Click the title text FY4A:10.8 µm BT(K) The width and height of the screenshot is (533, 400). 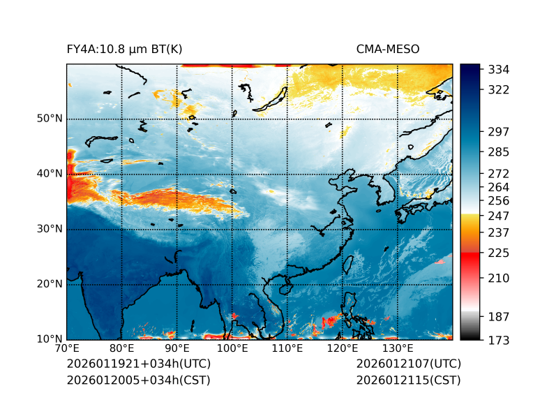(124, 49)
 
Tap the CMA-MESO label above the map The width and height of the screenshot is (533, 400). (387, 49)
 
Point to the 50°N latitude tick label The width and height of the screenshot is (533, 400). (50, 119)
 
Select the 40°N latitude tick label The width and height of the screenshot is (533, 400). (50, 174)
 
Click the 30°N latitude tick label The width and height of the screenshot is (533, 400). (50, 229)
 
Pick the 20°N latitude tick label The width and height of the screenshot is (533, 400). (50, 284)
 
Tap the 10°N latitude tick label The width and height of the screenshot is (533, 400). (50, 339)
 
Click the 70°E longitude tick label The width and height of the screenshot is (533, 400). (67, 349)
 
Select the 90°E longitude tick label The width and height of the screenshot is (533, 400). (177, 349)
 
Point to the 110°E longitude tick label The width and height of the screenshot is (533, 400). (287, 349)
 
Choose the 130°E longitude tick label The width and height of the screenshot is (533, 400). (397, 349)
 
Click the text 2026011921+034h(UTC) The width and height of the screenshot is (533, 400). (138, 364)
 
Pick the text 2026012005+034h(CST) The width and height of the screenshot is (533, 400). (138, 380)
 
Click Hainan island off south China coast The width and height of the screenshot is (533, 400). (284, 289)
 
